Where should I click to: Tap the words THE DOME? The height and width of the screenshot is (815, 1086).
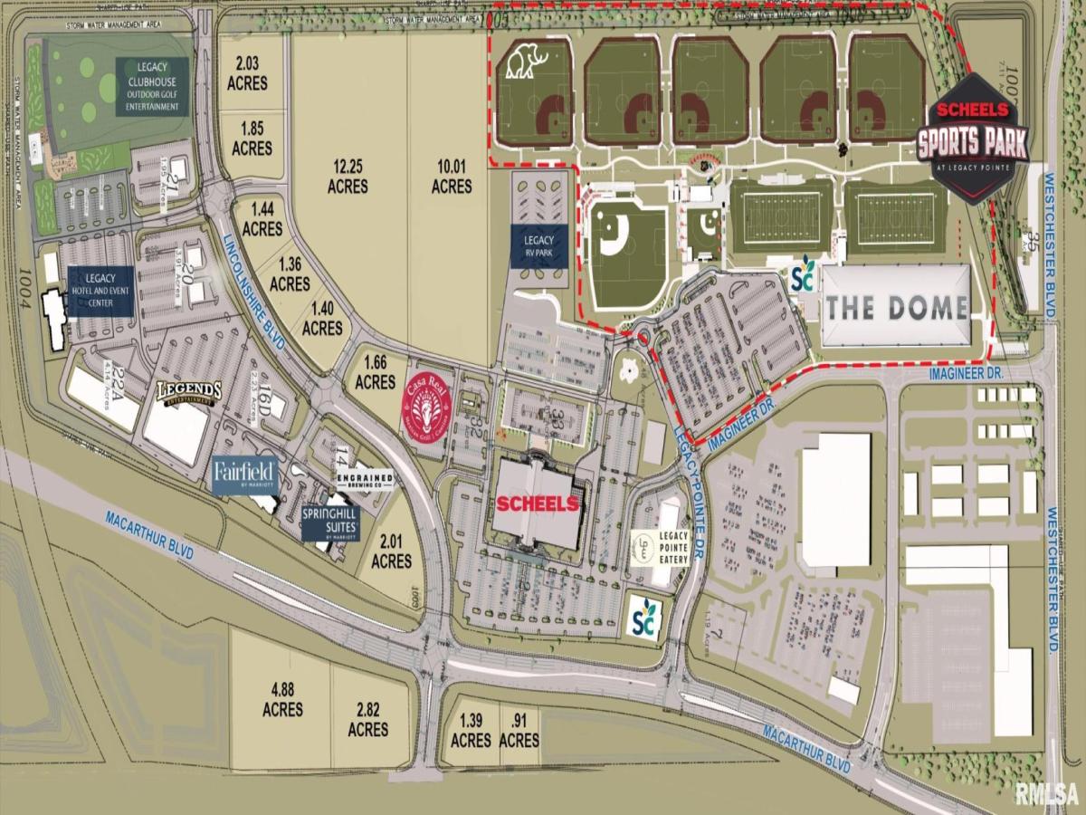point(896,307)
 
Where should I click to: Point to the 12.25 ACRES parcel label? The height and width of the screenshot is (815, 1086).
point(348,177)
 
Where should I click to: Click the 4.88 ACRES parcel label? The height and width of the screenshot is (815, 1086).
point(281,698)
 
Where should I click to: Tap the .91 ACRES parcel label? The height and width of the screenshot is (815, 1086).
point(519,730)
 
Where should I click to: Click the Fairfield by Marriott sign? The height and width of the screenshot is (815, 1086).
point(243,475)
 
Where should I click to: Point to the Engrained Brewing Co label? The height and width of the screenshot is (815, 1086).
point(365,481)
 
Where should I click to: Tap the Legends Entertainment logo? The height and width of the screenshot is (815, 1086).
point(189,391)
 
